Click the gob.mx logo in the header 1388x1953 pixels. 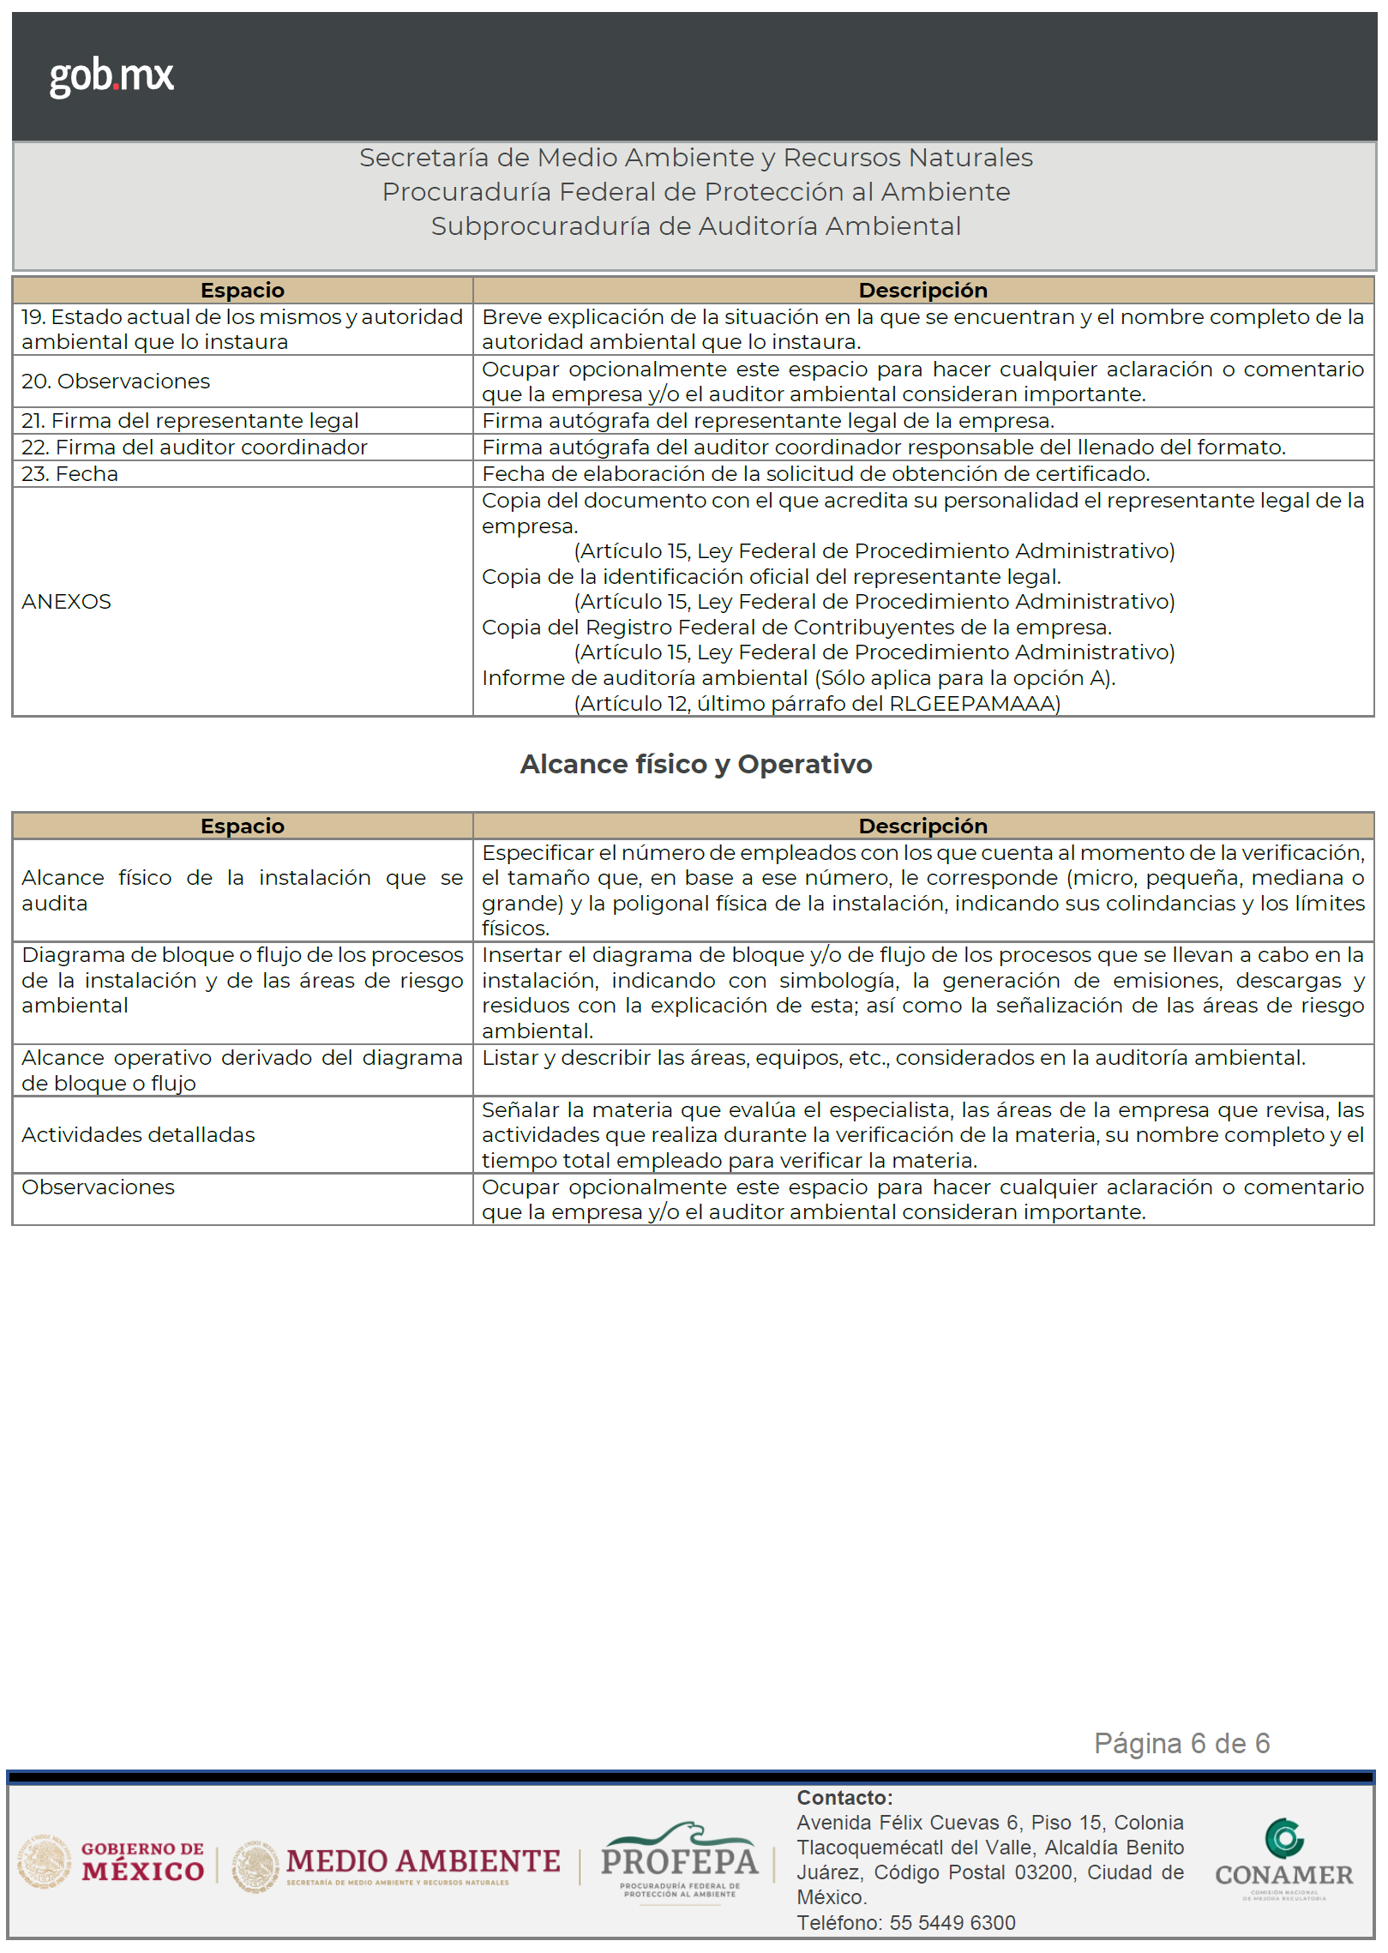tap(111, 76)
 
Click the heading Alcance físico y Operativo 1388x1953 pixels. tap(695, 764)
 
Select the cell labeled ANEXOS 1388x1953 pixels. tap(67, 602)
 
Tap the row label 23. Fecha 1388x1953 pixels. tap(70, 474)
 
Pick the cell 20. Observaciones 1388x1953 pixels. tap(116, 382)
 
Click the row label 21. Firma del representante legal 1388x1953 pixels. tap(190, 421)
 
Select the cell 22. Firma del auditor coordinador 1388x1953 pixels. tap(195, 448)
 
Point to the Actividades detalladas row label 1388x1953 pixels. tap(139, 1135)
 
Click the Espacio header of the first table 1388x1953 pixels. tap(243, 291)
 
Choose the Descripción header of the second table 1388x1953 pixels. tap(922, 826)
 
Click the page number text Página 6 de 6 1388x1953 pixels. tap(1181, 1744)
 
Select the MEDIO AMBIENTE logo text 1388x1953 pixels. tap(423, 1861)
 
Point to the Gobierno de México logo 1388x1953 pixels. tap(111, 1861)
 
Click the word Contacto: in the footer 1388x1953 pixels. tap(844, 1798)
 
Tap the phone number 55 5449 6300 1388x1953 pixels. tap(952, 1923)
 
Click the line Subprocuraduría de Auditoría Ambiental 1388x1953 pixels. tap(695, 226)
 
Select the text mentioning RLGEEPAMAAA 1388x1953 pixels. tap(817, 704)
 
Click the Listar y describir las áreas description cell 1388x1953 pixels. tap(893, 1059)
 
